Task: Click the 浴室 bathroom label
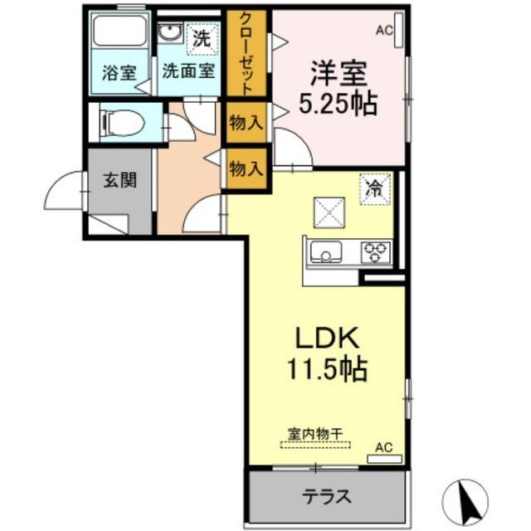tap(119, 71)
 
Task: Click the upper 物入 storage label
tap(246, 123)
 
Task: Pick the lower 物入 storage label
tap(246, 169)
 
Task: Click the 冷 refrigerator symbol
tap(374, 188)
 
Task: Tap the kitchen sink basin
tap(325, 251)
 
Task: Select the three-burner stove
tap(374, 251)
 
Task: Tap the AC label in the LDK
tap(382, 447)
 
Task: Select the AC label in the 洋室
tap(383, 31)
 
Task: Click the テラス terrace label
tap(326, 497)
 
